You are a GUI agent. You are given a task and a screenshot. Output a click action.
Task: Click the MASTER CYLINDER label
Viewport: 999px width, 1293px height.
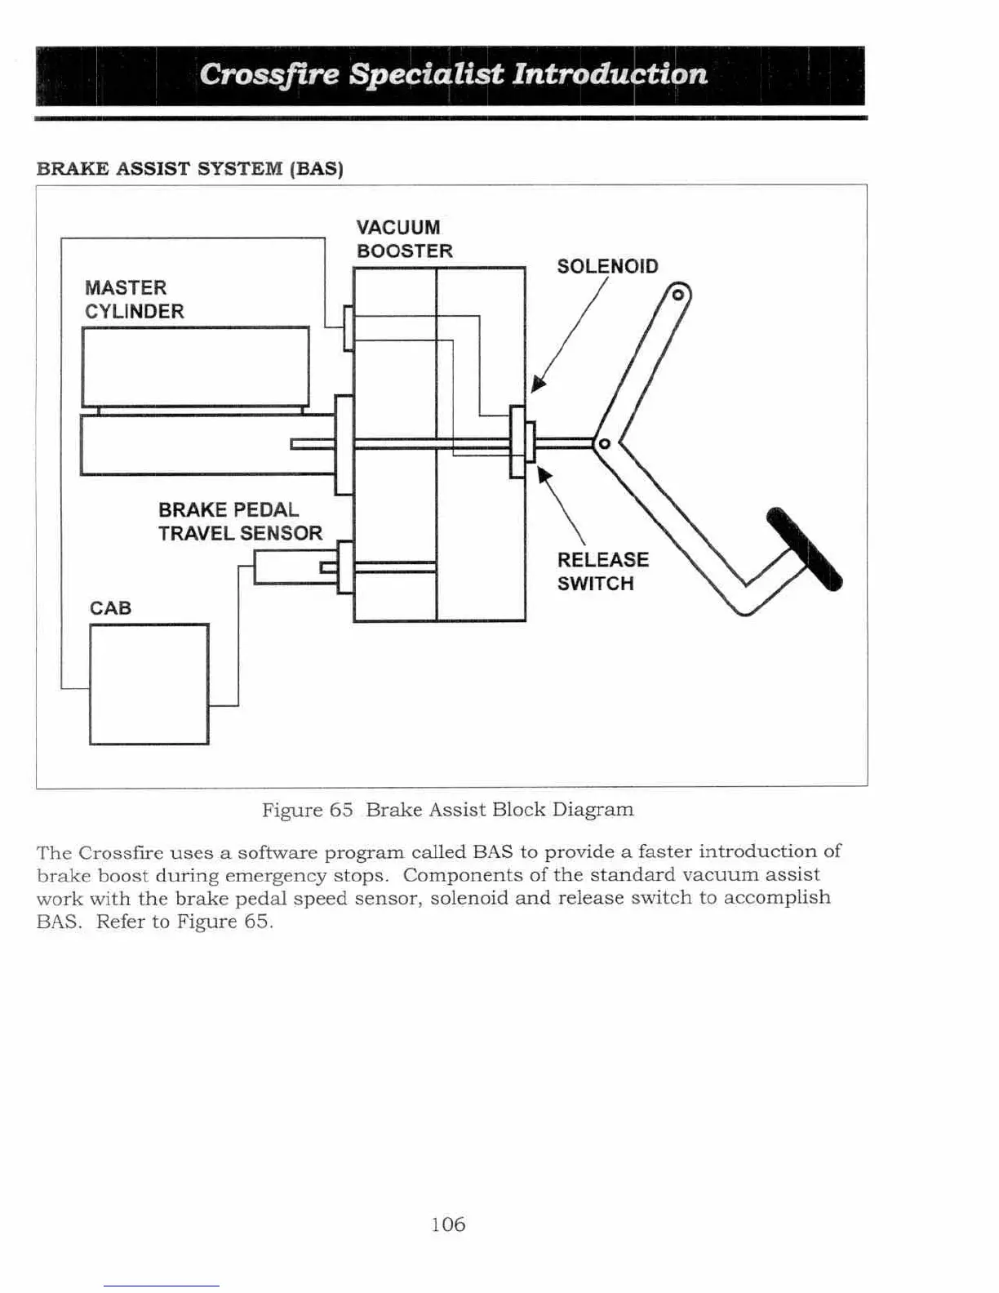click(134, 300)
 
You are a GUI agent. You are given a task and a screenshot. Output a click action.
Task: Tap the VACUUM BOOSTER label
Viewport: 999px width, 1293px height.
click(404, 239)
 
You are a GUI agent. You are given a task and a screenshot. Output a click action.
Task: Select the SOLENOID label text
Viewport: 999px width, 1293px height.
click(607, 267)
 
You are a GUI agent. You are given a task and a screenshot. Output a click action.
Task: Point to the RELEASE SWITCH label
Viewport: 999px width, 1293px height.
click(602, 571)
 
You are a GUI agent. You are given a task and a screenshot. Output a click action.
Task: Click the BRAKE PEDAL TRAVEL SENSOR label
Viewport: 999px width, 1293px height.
click(240, 522)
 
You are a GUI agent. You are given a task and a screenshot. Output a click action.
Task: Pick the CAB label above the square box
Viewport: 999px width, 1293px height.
click(110, 608)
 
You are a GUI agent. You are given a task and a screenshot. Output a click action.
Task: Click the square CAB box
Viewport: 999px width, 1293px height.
click(149, 684)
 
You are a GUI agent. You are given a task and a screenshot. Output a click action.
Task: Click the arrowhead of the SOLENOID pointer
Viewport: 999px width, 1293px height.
click(537, 384)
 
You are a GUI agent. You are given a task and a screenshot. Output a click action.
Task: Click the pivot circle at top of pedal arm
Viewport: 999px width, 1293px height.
click(677, 295)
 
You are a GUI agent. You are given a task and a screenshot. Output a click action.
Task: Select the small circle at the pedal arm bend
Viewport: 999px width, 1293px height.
click(605, 444)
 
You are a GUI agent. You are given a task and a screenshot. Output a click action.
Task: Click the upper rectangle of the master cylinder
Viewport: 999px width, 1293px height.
click(195, 366)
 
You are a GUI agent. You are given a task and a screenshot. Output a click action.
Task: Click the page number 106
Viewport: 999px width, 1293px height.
click(448, 1224)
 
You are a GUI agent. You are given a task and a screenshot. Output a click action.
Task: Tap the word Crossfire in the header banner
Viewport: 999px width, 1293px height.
click(269, 74)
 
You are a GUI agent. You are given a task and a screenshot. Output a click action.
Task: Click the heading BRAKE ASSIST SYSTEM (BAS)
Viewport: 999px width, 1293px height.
click(190, 169)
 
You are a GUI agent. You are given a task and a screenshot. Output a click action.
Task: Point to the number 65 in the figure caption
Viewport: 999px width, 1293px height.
click(340, 810)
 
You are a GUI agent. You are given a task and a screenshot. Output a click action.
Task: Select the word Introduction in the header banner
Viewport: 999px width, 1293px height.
click(609, 74)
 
